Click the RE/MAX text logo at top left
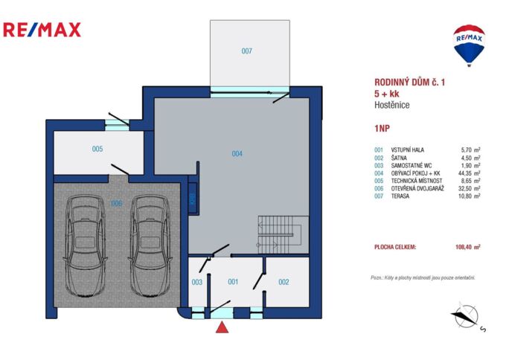42,30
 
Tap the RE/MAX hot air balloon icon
469,43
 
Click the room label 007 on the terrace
247,51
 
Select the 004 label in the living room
237,154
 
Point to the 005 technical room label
97,149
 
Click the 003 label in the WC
197,282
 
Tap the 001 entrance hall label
232,282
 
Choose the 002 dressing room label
284,282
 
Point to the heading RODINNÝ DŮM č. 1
409,83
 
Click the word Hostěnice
392,106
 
